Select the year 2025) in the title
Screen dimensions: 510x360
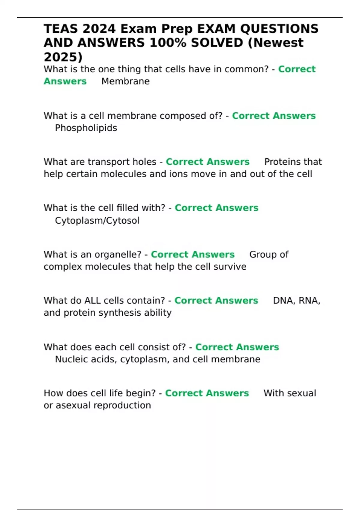pos(63,57)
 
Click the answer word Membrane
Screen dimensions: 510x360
pos(125,81)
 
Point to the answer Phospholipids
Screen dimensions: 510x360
pos(86,128)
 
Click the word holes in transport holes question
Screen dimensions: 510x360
pos(143,162)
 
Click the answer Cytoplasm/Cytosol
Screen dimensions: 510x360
pos(97,221)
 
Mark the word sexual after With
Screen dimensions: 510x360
pos(302,393)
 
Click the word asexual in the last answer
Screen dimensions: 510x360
pos(73,406)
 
